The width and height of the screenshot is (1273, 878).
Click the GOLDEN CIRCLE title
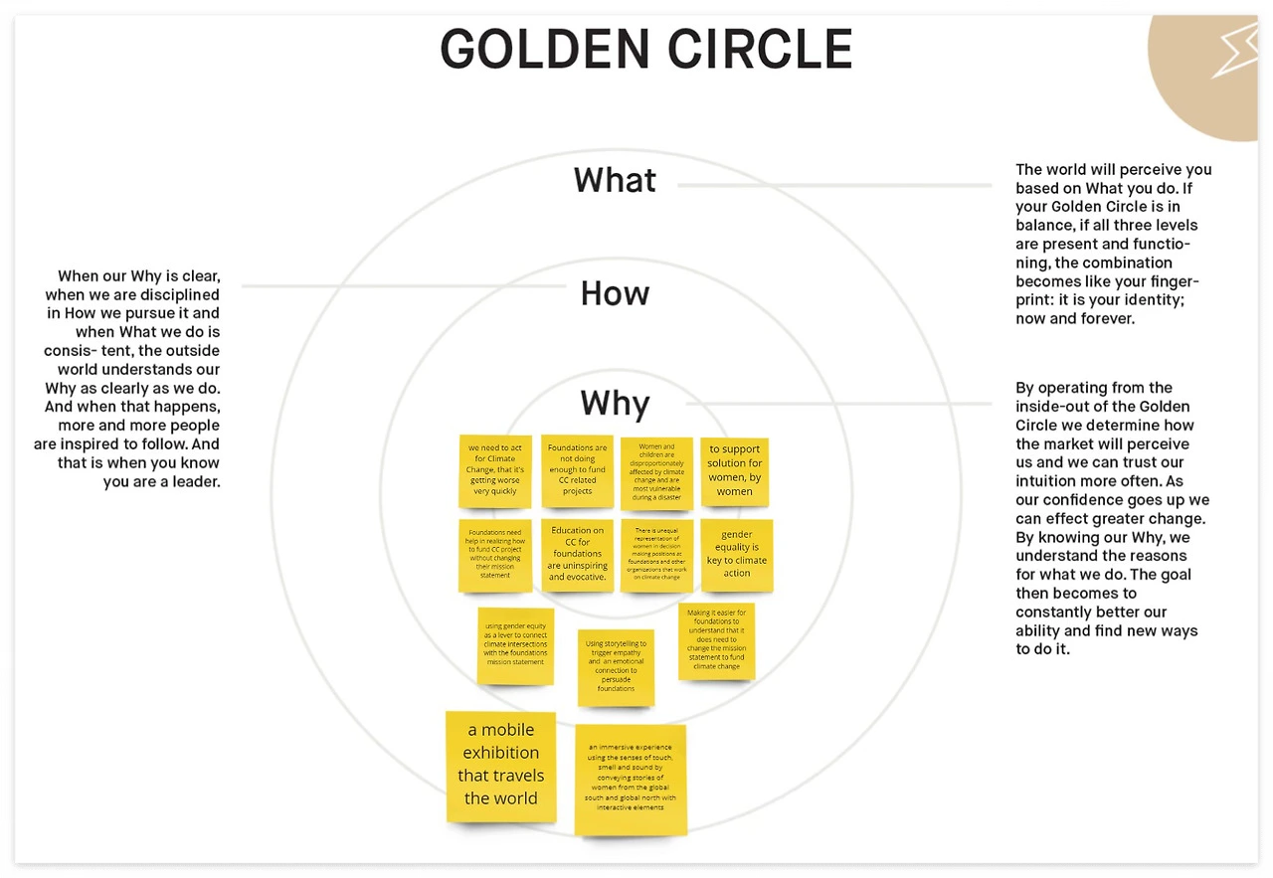(x=646, y=49)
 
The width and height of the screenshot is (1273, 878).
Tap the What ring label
(x=615, y=180)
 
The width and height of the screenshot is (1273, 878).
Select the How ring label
(x=615, y=293)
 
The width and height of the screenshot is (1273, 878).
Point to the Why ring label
(x=615, y=404)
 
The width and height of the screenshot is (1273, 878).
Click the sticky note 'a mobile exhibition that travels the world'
(x=500, y=766)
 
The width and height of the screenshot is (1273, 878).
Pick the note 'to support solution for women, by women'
(x=735, y=471)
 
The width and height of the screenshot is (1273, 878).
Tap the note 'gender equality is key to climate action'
(x=737, y=555)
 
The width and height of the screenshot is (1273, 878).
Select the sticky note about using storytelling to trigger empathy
(x=616, y=667)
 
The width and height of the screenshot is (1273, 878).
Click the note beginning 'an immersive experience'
(x=631, y=779)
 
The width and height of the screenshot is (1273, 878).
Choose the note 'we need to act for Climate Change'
(x=495, y=470)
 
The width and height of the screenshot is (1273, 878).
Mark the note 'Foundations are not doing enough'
(x=578, y=470)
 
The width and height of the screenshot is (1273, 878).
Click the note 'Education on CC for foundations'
(x=578, y=555)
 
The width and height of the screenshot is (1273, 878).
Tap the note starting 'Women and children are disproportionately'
(x=656, y=472)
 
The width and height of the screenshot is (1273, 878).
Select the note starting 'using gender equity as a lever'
(x=515, y=645)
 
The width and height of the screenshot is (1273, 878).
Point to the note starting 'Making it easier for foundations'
(x=716, y=640)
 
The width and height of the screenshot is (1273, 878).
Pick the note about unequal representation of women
(x=656, y=555)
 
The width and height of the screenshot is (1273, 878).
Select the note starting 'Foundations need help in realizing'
(x=495, y=555)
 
